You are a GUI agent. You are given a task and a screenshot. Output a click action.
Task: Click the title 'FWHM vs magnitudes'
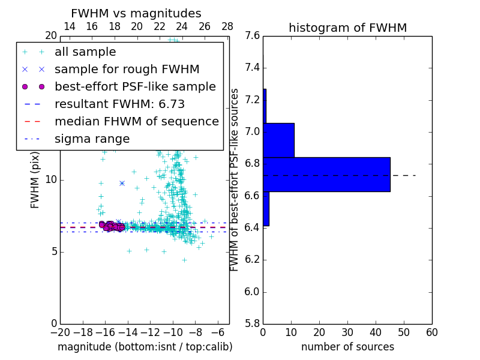pos(136,13)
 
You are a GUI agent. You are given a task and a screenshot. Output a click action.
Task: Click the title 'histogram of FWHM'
pos(347,28)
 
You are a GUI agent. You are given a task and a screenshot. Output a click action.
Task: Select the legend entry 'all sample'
pos(85,52)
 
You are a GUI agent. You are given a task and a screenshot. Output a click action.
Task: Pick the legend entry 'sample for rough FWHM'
pos(127,70)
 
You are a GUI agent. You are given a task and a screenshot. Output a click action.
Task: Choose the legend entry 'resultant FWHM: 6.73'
pos(119,104)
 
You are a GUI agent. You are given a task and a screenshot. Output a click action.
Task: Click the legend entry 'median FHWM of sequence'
pos(136,122)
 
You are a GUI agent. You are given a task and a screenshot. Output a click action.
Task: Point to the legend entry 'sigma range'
pos(92,139)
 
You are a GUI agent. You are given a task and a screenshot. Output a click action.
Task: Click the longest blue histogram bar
pos(326,175)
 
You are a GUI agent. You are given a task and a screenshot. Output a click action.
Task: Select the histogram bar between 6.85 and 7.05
pos(278,140)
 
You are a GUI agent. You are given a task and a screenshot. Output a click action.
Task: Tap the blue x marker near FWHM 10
pos(122,183)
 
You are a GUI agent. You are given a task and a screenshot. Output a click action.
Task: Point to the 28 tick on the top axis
pos(227,26)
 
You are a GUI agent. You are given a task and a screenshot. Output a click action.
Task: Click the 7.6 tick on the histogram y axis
pos(253,36)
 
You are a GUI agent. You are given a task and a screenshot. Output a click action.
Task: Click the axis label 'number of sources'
pos(347,347)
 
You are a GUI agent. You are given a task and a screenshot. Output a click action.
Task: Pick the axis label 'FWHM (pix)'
pos(35,180)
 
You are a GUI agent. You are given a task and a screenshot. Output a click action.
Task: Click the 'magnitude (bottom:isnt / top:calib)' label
pos(145,347)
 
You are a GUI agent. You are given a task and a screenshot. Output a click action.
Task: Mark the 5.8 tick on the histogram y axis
pos(253,323)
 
